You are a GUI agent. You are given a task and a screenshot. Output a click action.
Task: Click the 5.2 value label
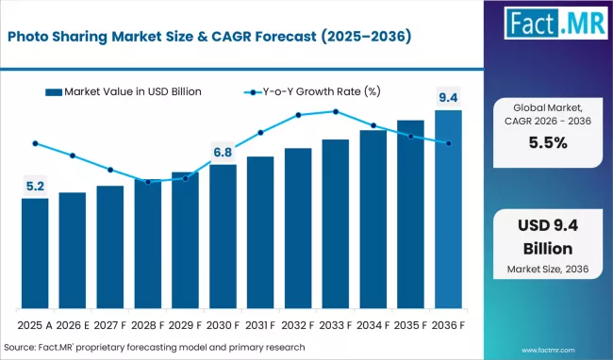[x=35, y=187]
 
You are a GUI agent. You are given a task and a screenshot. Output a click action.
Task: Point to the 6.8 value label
[x=223, y=152]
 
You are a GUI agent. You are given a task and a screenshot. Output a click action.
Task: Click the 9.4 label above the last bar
[x=449, y=96]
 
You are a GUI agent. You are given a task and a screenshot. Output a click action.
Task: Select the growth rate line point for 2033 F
[x=336, y=111]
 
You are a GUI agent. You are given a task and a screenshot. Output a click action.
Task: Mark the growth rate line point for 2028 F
[x=148, y=181]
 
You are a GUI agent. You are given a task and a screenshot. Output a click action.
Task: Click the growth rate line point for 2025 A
[x=35, y=143]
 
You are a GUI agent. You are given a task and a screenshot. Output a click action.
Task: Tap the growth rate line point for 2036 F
[x=449, y=143]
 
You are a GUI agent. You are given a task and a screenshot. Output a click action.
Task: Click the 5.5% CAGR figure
[x=548, y=143]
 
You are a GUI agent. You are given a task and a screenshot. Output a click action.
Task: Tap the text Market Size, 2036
[x=548, y=269]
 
